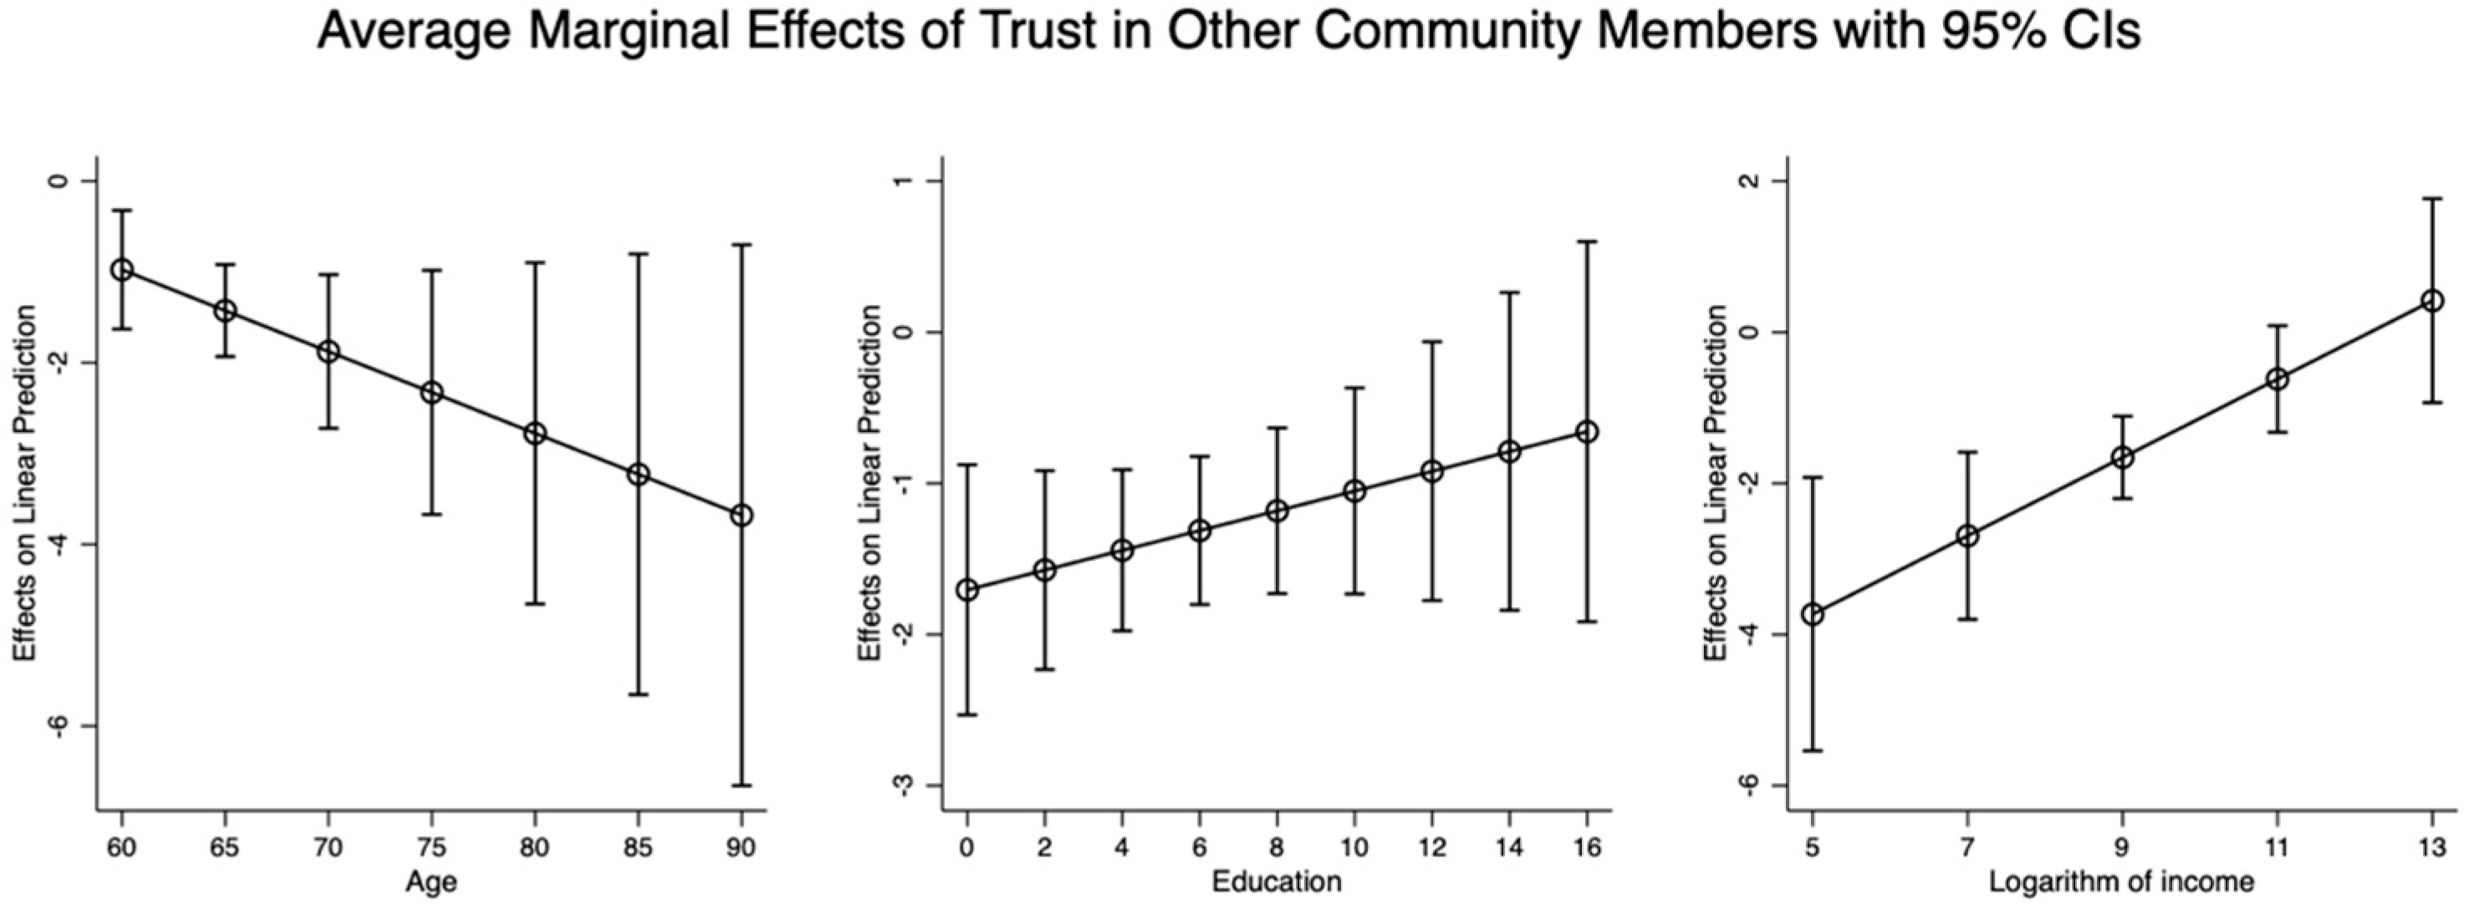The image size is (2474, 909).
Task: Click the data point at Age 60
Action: tap(122, 270)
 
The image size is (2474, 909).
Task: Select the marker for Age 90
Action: tap(742, 515)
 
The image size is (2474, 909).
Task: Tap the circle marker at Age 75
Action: tap(431, 392)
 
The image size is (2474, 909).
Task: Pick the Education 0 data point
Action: tap(967, 589)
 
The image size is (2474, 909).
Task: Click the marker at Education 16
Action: tap(1588, 432)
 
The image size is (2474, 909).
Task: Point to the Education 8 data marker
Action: tap(1278, 510)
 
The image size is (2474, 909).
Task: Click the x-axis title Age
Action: tap(431, 882)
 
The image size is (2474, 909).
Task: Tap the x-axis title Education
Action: tap(1277, 882)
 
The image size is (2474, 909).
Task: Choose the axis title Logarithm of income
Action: tap(2121, 882)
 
